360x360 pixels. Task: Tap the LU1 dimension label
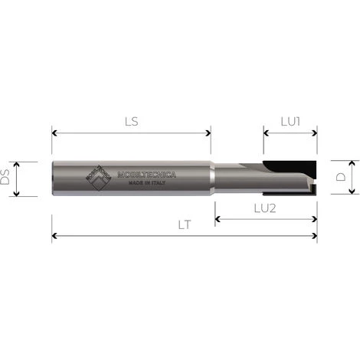pos(290,122)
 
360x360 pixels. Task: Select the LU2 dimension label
pos(266,209)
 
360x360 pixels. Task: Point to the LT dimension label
pos(183,226)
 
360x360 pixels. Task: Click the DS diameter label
pos(5,178)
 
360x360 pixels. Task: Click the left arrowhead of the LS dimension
pos(54,133)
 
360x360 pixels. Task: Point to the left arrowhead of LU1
pos(267,133)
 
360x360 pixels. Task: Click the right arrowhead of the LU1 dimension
pos(314,133)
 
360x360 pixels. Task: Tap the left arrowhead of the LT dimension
pos(54,237)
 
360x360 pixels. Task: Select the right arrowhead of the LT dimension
pos(314,237)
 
